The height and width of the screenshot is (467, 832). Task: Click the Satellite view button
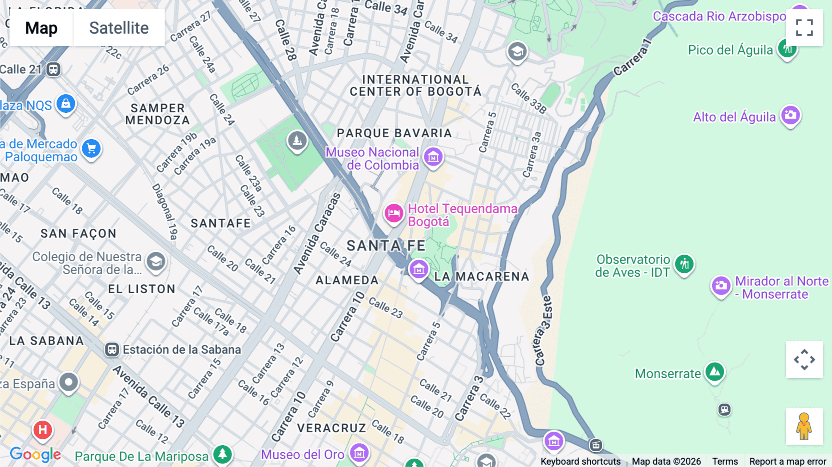pyautogui.click(x=119, y=28)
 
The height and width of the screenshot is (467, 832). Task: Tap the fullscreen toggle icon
pyautogui.click(x=804, y=28)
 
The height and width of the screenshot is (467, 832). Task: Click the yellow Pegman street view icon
pyautogui.click(x=804, y=426)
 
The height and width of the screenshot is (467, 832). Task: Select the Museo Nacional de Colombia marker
pyautogui.click(x=433, y=157)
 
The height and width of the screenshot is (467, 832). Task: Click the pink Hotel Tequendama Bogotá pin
pyautogui.click(x=394, y=214)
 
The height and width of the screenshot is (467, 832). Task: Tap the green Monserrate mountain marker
pyautogui.click(x=715, y=372)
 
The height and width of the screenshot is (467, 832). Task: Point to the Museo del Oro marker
pyautogui.click(x=359, y=453)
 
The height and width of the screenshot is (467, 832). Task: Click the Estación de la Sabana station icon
pyautogui.click(x=112, y=350)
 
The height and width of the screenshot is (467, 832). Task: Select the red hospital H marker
pyautogui.click(x=43, y=430)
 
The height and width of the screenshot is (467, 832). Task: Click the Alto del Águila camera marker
pyautogui.click(x=790, y=115)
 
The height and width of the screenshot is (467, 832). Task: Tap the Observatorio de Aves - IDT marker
pyautogui.click(x=685, y=264)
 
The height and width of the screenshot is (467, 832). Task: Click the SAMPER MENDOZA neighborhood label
pyautogui.click(x=158, y=114)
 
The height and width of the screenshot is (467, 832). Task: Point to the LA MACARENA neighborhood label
pyautogui.click(x=482, y=277)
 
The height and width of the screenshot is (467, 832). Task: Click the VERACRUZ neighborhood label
pyautogui.click(x=331, y=428)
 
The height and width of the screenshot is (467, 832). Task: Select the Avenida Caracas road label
pyautogui.click(x=317, y=233)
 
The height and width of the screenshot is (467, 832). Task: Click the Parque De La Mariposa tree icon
pyautogui.click(x=222, y=454)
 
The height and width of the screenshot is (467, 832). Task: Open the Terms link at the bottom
pyautogui.click(x=725, y=461)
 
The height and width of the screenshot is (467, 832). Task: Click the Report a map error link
pyautogui.click(x=788, y=461)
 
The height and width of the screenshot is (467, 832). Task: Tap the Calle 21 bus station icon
pyautogui.click(x=53, y=69)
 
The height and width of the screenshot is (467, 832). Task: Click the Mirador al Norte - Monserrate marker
pyautogui.click(x=721, y=286)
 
